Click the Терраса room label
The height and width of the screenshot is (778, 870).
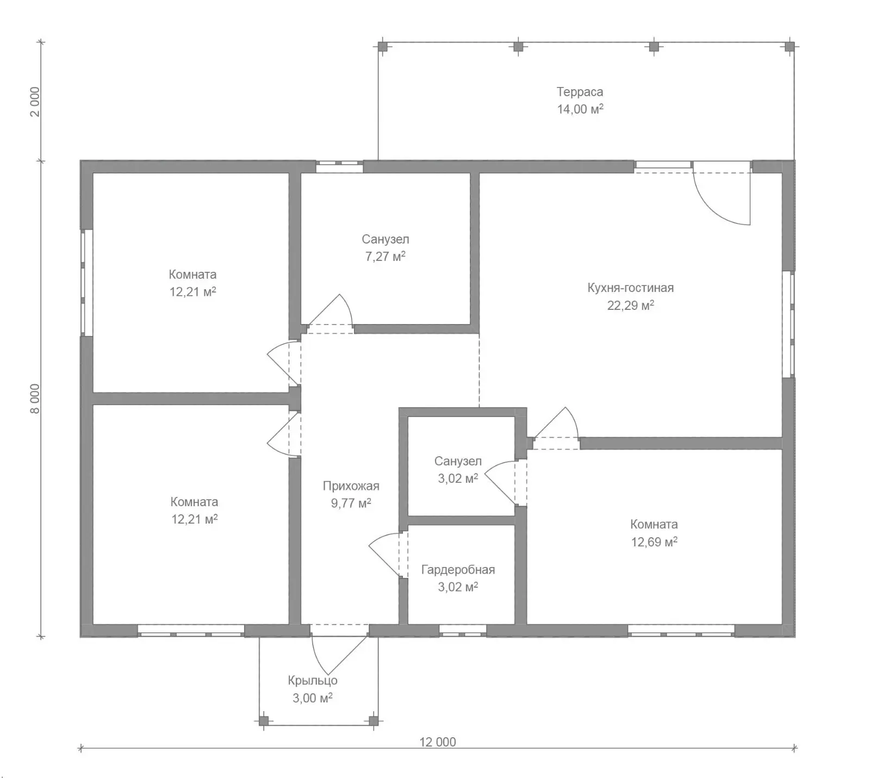pyautogui.click(x=580, y=92)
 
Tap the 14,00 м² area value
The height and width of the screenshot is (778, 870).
pyautogui.click(x=580, y=109)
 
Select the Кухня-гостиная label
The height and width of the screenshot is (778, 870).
pyautogui.click(x=630, y=288)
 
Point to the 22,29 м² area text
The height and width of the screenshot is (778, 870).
pyautogui.click(x=630, y=306)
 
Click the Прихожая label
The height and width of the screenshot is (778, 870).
pyautogui.click(x=351, y=486)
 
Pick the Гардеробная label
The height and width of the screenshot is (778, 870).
pyautogui.click(x=458, y=570)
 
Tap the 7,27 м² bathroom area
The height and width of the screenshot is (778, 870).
pyautogui.click(x=385, y=257)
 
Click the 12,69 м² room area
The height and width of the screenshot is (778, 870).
pyautogui.click(x=654, y=542)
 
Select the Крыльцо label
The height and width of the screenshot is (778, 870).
pyautogui.click(x=313, y=681)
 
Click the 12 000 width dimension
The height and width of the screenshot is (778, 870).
pyautogui.click(x=438, y=742)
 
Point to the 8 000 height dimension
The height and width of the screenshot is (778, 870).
pyautogui.click(x=35, y=399)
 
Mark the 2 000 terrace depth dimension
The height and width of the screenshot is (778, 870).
pyautogui.click(x=35, y=102)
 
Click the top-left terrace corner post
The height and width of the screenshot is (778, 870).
pyautogui.click(x=383, y=47)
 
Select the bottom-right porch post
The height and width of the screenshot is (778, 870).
pyautogui.click(x=374, y=721)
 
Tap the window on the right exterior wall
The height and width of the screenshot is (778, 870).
pyautogui.click(x=788, y=325)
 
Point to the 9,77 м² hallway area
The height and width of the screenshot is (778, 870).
pyautogui.click(x=351, y=503)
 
